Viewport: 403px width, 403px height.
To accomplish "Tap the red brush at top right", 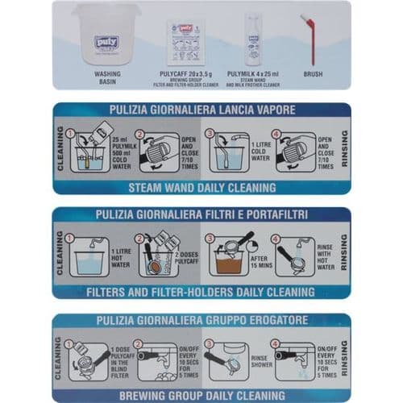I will click(310, 39).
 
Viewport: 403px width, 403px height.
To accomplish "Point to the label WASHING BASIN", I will click(106, 77).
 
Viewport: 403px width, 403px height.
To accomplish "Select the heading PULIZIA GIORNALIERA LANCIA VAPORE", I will click(201, 110).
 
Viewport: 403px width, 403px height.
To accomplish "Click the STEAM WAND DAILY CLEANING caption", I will click(201, 187).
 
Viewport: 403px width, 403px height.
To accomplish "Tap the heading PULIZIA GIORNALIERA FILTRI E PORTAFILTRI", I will click(201, 214).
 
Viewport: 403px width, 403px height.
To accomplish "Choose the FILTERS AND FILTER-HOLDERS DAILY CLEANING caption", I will click(201, 292).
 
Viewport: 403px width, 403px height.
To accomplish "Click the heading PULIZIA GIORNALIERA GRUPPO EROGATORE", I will click(201, 319).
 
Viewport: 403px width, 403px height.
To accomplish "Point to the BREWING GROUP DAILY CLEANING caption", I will click(201, 396).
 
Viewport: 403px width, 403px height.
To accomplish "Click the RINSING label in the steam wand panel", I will click(344, 149).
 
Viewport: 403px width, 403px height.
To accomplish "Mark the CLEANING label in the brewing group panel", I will click(59, 359).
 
